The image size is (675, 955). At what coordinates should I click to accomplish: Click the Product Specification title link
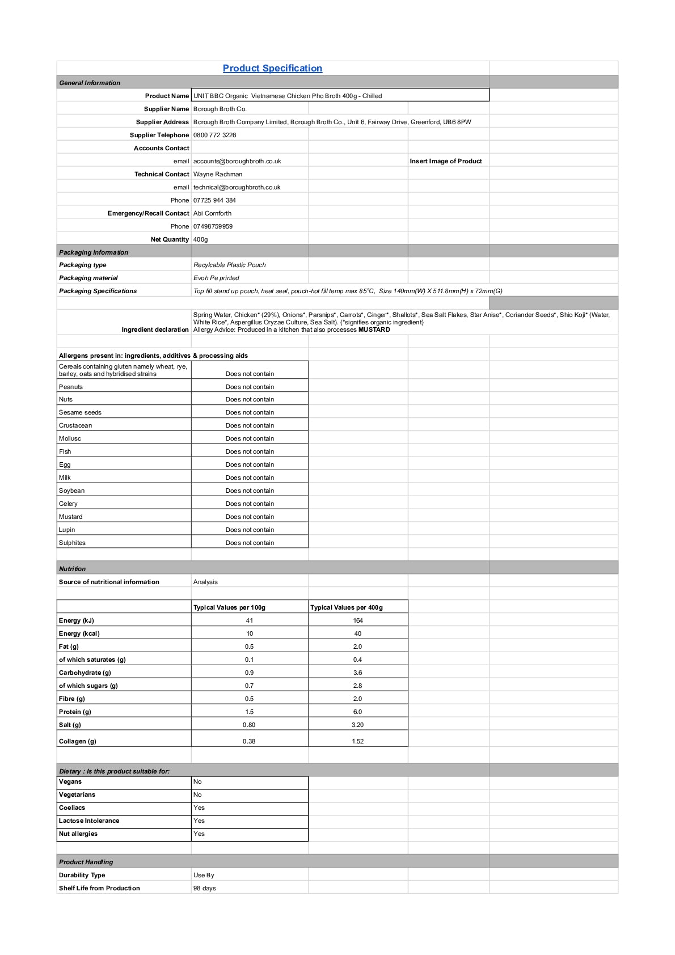coord(272,68)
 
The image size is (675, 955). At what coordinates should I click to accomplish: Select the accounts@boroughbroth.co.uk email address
coord(237,161)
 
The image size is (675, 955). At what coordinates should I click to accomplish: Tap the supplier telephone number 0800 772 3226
coord(214,135)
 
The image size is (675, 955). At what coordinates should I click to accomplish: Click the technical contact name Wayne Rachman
coord(218,174)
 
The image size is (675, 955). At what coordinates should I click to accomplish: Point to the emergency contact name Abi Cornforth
coord(212,213)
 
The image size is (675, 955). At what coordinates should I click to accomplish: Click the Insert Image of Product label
coord(446,161)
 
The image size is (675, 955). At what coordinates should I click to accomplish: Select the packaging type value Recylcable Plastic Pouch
coord(229,265)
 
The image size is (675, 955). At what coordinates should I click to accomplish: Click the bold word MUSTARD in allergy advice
coord(374,329)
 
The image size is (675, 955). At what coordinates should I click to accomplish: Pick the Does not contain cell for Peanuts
coord(250,387)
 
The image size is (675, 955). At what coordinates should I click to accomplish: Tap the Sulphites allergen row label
coord(73,543)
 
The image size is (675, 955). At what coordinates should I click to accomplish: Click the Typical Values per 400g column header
coord(347,607)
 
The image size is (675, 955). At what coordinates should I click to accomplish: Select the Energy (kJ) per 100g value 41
coord(250,620)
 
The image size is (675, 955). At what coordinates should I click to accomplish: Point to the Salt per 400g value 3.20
coord(357,725)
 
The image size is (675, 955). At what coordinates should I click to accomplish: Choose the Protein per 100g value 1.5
coord(250,712)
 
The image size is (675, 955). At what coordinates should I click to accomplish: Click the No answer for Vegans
coord(197,781)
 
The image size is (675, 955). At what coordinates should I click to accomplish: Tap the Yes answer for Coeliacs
coord(199,808)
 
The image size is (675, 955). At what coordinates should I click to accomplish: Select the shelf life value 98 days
coord(205,888)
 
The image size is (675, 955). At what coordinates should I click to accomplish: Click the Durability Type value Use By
coord(204,875)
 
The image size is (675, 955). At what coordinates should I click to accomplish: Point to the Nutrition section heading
coord(73,569)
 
